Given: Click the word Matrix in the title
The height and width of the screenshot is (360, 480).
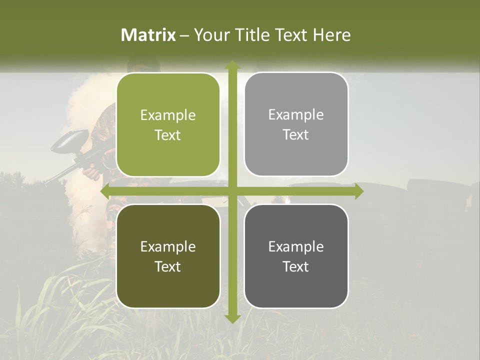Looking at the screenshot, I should coord(148,35).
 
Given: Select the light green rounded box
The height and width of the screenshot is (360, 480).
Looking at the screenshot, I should coord(168,125).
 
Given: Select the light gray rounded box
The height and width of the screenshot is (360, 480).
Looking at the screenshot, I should coord(296,124).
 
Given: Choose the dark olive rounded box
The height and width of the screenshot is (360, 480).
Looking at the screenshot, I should coord(168,256).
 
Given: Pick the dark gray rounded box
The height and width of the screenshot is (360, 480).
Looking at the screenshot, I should coord(296,256).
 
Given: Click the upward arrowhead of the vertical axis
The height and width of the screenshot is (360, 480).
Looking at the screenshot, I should coord(232,65).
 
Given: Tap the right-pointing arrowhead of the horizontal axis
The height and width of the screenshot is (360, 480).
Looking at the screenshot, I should coord(358,191).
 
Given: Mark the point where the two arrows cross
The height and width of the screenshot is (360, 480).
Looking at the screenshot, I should coord(232,191).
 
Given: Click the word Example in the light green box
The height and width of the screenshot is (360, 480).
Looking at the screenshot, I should coord(168,115).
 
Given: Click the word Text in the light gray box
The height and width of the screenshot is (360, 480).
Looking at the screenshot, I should coord(296,135).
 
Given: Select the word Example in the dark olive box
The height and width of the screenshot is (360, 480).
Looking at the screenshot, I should coord(168,246).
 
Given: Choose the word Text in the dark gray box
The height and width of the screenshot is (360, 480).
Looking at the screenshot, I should coord(296,266).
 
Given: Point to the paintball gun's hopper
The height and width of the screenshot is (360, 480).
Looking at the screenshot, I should coord(70,139).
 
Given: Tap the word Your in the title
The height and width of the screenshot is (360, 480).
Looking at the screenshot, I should coord(210,35).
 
